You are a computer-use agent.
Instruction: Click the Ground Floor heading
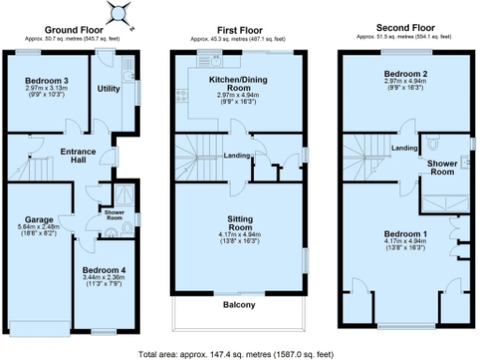click(71, 29)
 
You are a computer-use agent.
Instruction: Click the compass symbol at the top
click(119, 12)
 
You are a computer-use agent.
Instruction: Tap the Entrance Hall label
click(80, 156)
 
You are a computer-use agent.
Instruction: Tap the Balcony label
click(240, 305)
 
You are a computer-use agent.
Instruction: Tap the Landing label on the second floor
click(404, 148)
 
